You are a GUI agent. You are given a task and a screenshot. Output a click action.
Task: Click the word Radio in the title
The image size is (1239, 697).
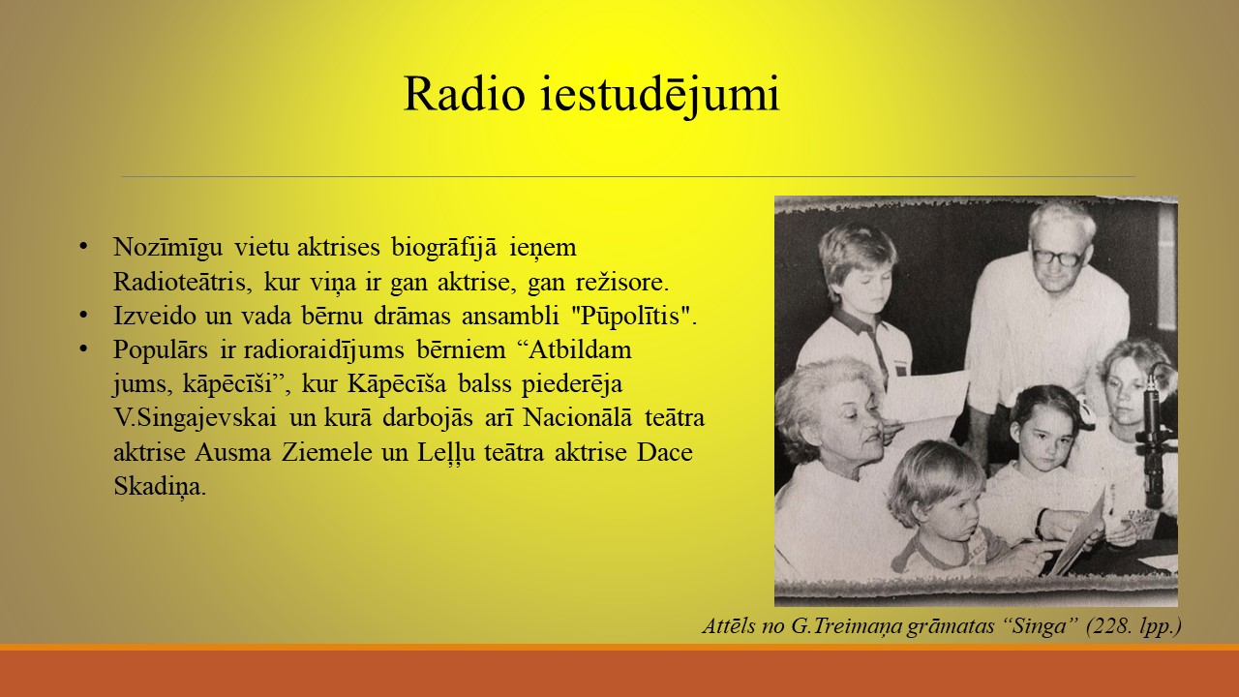(464, 94)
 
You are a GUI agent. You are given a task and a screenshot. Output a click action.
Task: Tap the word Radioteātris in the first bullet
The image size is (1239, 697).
(179, 282)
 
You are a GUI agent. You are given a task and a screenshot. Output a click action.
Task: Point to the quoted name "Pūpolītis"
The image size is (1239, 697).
(632, 316)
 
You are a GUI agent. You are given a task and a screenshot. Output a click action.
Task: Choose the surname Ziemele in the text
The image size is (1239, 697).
(327, 452)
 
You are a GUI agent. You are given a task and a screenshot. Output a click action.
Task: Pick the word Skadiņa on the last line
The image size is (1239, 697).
(160, 487)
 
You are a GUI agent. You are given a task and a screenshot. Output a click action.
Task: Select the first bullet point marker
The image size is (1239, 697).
(83, 247)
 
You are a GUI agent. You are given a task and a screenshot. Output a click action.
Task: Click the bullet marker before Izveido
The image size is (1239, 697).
(83, 316)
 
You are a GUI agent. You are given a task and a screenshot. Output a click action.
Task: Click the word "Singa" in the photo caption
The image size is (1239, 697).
(1040, 626)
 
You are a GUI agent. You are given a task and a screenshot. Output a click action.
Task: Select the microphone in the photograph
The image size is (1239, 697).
(1153, 437)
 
